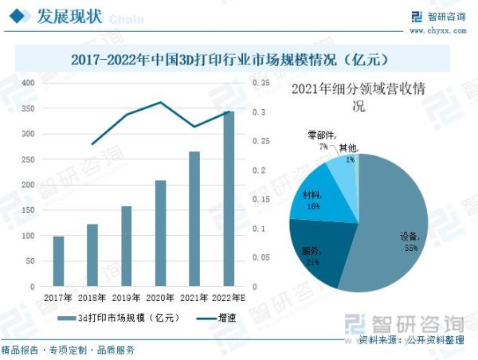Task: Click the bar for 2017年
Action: click(58, 261)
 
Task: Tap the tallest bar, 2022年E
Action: click(229, 199)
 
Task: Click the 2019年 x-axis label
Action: click(126, 298)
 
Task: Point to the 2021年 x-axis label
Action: click(194, 298)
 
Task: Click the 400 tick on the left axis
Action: click(28, 83)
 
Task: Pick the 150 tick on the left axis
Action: click(28, 210)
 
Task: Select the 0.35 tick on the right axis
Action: click(260, 83)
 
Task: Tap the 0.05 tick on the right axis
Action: click(260, 257)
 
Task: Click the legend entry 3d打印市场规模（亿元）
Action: click(119, 318)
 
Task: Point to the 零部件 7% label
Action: click(323, 141)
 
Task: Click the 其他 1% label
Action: click(348, 153)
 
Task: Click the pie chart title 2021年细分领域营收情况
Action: click(358, 97)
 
